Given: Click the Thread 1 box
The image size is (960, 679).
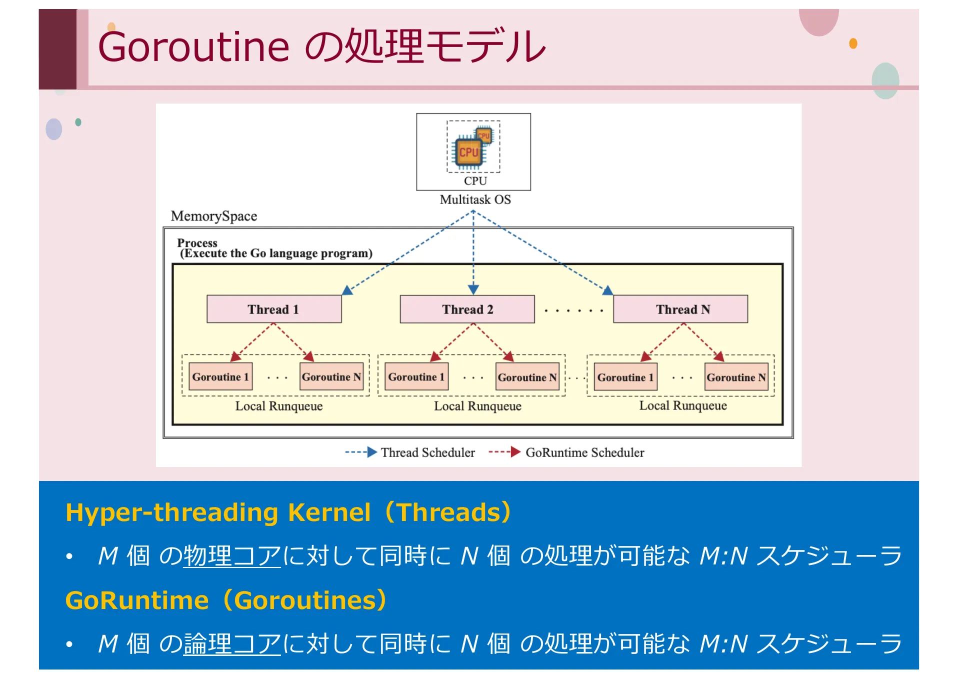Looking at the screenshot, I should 274,309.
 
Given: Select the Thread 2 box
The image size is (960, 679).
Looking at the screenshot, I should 467,309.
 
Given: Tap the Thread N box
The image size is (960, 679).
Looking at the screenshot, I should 680,309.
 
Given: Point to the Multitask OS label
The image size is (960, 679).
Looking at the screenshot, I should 475,199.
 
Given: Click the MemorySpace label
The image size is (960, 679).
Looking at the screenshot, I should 214,216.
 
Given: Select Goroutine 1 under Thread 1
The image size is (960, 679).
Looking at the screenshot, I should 220,376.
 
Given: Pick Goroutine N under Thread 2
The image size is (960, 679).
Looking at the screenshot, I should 527,377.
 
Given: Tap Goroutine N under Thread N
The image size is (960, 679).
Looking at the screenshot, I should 736,377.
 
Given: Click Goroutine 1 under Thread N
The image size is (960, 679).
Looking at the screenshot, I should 625,377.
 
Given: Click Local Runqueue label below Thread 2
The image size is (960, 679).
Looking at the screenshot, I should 477,406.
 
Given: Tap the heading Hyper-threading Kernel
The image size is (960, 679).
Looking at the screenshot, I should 218,512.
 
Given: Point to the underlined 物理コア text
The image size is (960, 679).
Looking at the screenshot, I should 232,556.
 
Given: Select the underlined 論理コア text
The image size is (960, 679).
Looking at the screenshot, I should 232,643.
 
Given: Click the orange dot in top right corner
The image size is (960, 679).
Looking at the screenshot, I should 853,43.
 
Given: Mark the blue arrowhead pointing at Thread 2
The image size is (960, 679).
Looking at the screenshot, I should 473,289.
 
